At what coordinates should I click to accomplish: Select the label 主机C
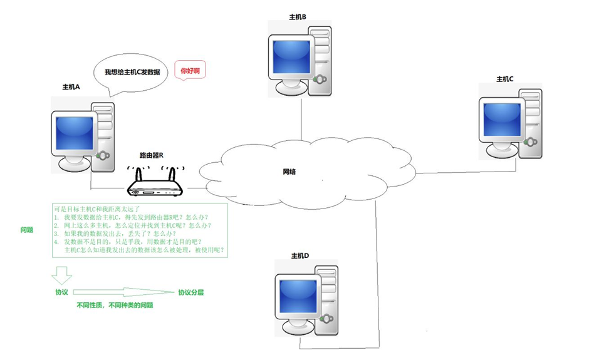click(505, 79)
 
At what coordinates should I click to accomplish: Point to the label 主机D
click(301, 256)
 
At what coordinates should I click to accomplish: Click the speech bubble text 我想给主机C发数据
click(132, 73)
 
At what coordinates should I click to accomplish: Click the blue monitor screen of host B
click(291, 58)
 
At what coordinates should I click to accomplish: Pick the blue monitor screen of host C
click(501, 119)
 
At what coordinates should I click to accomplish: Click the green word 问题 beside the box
click(26, 230)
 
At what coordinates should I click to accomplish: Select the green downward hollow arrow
click(61, 274)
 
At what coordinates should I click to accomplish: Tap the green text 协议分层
click(191, 292)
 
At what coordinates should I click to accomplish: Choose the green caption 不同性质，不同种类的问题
click(115, 306)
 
